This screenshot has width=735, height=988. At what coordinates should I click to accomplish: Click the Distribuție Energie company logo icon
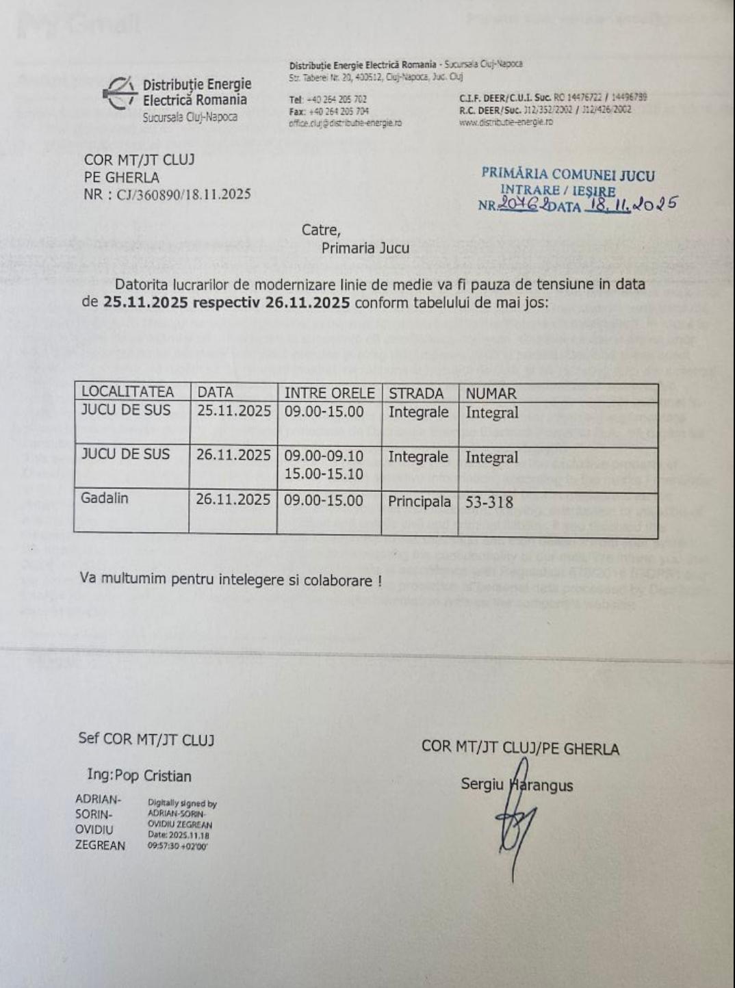click(120, 93)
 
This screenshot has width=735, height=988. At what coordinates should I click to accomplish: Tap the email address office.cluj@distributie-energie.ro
click(345, 123)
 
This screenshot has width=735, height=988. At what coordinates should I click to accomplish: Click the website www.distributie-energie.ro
click(506, 122)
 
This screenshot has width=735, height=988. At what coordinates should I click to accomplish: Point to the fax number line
click(329, 111)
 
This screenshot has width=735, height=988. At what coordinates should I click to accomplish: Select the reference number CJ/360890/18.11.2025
click(183, 194)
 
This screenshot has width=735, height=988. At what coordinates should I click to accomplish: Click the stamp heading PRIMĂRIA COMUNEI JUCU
click(567, 174)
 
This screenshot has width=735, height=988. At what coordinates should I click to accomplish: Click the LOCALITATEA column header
click(127, 392)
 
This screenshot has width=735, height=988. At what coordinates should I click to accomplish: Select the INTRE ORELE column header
click(329, 393)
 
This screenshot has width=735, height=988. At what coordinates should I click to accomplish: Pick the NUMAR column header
click(491, 393)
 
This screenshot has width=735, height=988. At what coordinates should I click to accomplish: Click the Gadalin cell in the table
click(105, 498)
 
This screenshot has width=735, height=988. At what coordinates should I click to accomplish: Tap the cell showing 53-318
click(489, 502)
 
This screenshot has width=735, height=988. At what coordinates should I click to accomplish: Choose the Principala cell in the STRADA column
click(419, 502)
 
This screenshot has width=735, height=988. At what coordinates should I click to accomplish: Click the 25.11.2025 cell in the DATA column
click(234, 411)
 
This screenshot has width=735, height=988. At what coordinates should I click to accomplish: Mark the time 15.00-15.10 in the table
click(324, 474)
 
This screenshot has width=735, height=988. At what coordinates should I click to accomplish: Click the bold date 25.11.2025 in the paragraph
click(145, 302)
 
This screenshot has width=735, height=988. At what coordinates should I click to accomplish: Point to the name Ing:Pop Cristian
click(139, 775)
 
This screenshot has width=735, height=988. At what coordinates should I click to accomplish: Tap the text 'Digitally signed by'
click(182, 804)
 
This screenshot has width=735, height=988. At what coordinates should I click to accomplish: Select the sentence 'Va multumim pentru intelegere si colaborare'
click(230, 579)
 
